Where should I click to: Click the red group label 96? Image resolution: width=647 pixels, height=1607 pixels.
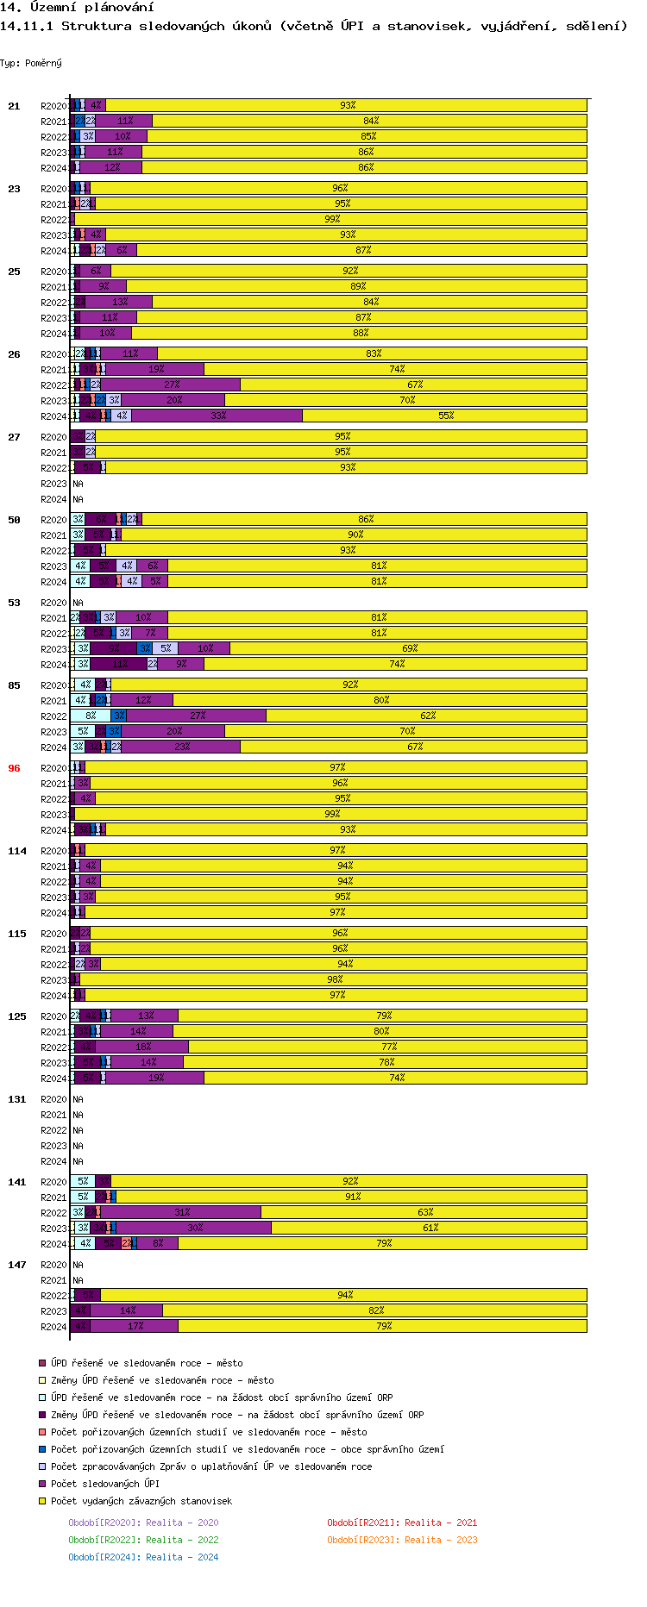click(x=14, y=768)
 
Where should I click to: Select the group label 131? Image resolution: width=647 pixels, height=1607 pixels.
click(x=17, y=1099)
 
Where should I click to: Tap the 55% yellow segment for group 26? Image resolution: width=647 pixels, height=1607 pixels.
click(x=445, y=416)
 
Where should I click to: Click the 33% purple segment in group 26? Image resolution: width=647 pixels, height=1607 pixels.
click(x=217, y=416)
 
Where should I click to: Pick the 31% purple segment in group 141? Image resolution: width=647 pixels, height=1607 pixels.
click(x=181, y=1212)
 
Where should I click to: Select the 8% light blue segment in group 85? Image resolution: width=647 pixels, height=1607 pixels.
click(x=91, y=716)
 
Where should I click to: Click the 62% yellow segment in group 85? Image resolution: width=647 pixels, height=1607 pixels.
click(x=427, y=716)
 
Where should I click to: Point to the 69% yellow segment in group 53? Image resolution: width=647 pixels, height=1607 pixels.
click(x=409, y=648)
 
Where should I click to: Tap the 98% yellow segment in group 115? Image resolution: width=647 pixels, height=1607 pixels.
click(x=334, y=979)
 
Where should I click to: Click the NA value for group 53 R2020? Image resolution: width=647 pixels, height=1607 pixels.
click(x=78, y=603)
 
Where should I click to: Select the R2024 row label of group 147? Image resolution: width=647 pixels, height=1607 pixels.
click(x=53, y=1327)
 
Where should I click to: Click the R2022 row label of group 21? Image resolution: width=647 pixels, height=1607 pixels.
click(x=53, y=137)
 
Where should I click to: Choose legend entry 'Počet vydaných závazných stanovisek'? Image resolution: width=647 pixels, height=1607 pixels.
click(x=141, y=1501)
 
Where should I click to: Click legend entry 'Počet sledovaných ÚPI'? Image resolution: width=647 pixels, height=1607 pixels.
click(x=105, y=1484)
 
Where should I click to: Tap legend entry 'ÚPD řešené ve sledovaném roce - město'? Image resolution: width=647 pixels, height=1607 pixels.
click(x=147, y=1363)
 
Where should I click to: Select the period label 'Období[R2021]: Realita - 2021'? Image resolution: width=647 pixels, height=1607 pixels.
click(x=402, y=1523)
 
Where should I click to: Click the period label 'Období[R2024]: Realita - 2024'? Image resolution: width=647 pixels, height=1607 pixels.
click(x=143, y=1557)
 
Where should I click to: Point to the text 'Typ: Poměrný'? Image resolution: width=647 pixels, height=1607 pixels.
click(x=31, y=63)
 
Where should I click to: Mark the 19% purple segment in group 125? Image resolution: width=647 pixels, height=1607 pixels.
click(x=155, y=1078)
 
